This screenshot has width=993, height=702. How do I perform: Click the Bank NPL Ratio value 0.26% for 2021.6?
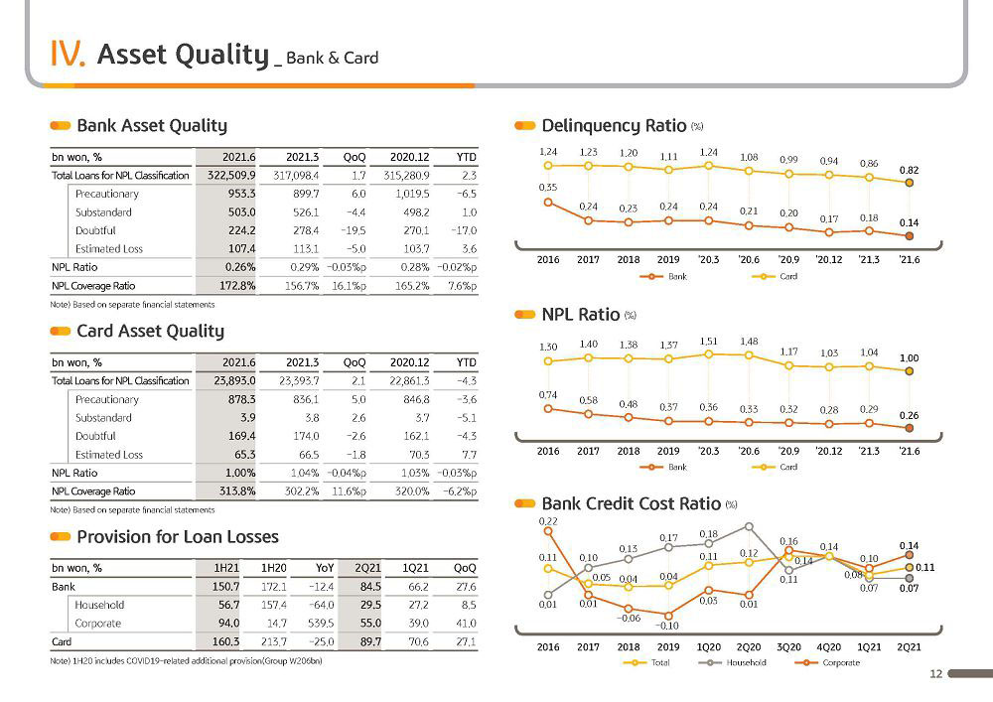coord(240,267)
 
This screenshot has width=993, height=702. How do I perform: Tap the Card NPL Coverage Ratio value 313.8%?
coord(237,491)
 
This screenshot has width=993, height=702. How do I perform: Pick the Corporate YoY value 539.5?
coord(321,624)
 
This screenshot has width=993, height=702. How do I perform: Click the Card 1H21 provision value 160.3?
coord(225,641)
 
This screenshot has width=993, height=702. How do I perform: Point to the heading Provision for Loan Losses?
coord(178,537)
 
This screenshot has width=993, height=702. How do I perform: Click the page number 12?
coord(936,674)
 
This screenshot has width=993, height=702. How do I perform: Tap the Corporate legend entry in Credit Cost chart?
coord(827,662)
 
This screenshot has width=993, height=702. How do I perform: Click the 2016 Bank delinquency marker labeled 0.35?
coord(548,203)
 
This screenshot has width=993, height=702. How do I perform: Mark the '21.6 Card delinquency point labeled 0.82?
coord(910,183)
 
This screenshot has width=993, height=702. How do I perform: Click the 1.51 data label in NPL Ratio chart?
coord(709,342)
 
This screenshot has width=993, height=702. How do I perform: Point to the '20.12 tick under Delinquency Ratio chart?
coord(829,259)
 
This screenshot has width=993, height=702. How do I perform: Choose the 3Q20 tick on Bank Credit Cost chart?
coord(788,647)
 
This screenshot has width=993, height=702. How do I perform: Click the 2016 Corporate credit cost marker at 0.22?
coord(548,531)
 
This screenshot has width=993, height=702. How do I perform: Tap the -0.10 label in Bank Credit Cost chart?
coord(667,626)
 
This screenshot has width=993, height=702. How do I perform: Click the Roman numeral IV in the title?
coord(68,54)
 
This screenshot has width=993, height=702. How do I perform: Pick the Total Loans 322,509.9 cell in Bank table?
coord(231,176)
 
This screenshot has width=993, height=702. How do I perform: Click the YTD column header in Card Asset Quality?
coord(466,362)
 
